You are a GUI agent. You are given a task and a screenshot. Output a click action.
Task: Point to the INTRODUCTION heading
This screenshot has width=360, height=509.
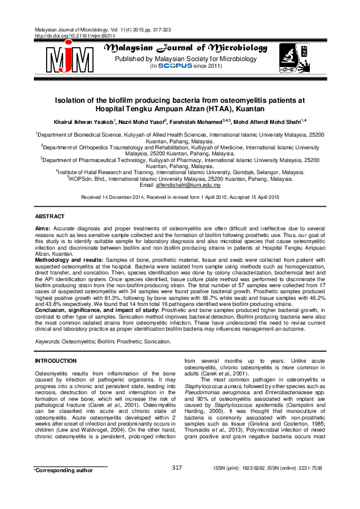click(59, 360)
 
